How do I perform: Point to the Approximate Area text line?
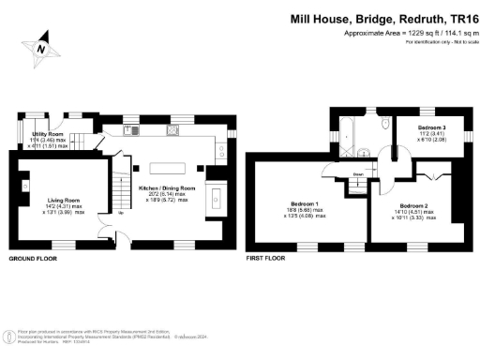392,33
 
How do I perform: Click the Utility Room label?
34,135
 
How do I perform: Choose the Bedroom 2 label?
413,205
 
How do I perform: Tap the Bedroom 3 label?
431,127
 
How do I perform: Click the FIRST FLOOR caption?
265,258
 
